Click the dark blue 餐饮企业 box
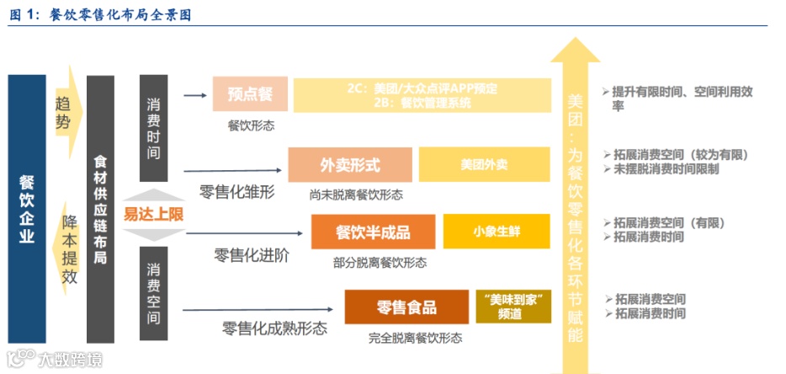[27, 210]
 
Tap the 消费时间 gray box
[153, 127]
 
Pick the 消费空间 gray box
[153, 294]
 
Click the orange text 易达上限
[153, 213]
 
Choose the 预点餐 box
[250, 94]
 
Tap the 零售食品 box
[406, 307]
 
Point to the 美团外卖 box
[484, 164]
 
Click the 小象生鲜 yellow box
[496, 232]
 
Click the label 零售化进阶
[251, 255]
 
